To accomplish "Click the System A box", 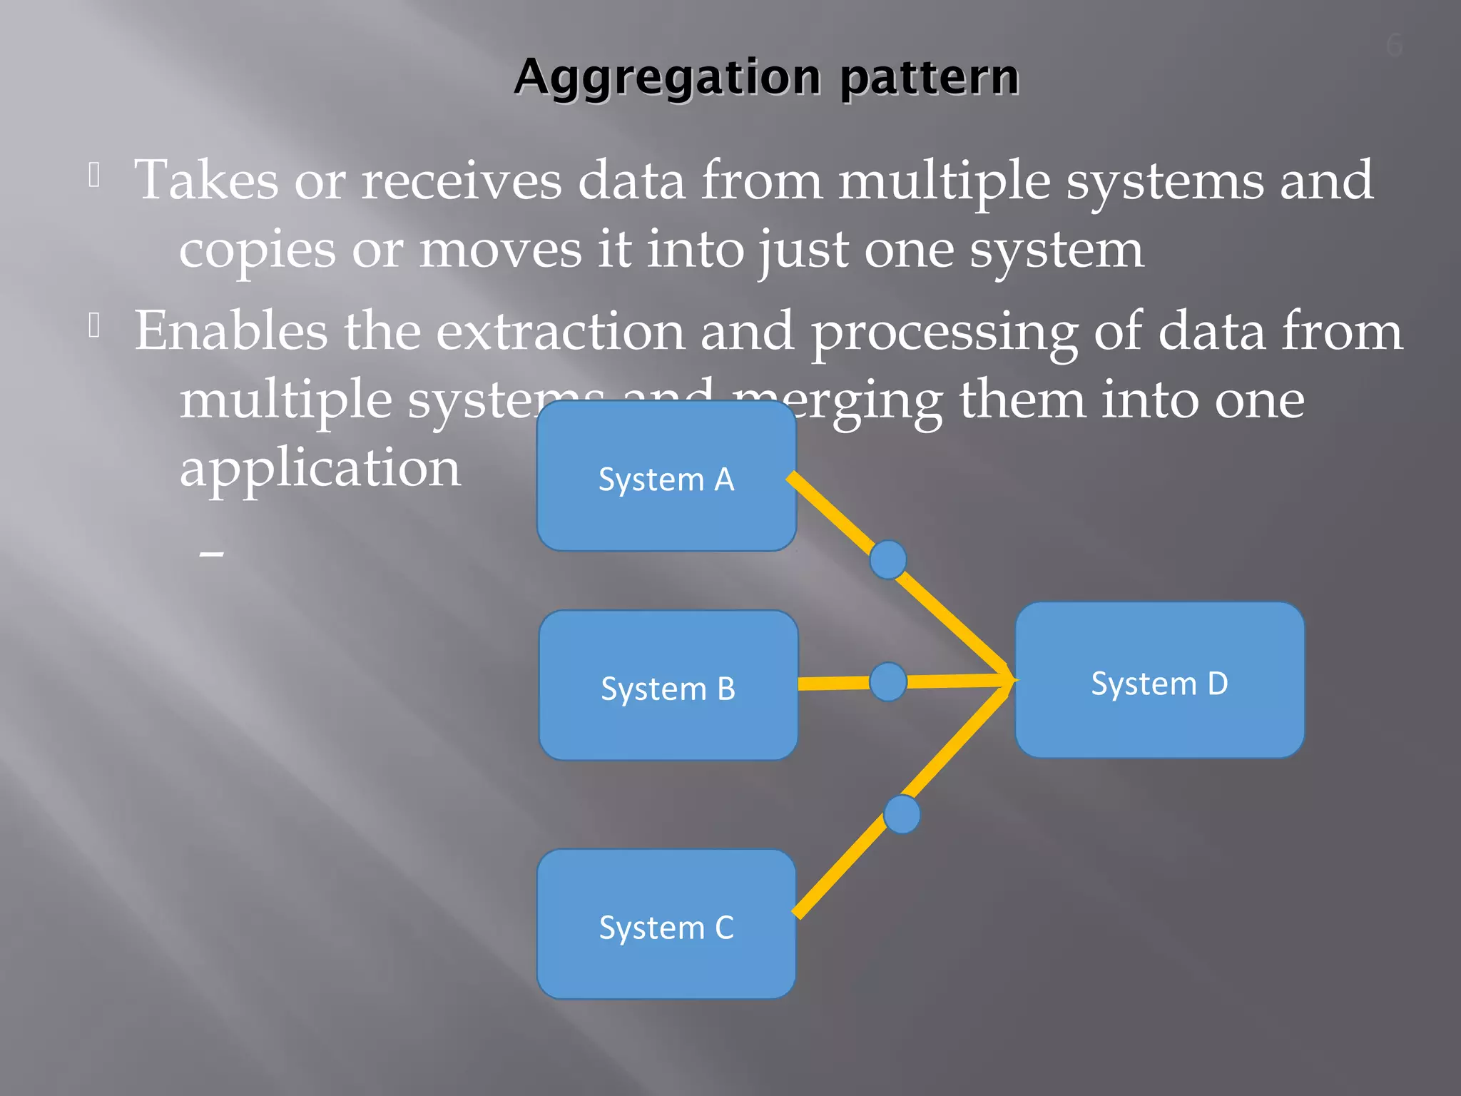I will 666,477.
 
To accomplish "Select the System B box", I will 668,686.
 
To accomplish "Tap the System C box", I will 666,925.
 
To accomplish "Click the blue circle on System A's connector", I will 888,559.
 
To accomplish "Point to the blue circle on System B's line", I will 888,681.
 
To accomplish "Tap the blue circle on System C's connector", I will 902,814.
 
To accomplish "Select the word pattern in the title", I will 929,77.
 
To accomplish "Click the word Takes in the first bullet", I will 206,180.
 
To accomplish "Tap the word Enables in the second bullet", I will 231,331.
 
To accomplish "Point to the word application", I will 320,469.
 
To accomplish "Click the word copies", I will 257,250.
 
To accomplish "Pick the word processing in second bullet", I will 945,333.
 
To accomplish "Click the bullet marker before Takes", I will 94,175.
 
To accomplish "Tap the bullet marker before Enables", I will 94,326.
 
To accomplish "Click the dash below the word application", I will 212,553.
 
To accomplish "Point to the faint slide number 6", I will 1394,46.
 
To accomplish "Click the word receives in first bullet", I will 462,180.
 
